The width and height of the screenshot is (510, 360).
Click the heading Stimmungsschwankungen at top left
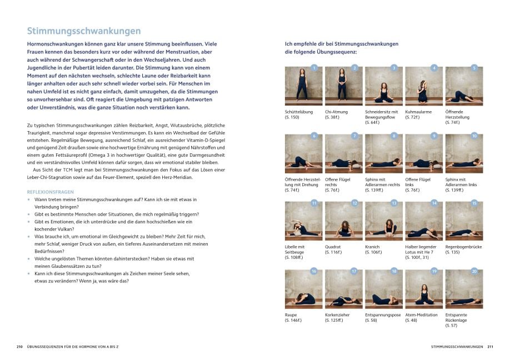(84, 31)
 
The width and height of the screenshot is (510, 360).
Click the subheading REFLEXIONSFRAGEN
(50, 191)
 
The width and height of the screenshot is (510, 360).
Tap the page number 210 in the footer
(19, 347)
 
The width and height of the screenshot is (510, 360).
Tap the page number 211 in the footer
(491, 347)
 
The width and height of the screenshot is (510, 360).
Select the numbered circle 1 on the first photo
(314, 68)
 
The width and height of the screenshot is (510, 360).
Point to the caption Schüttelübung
(298, 112)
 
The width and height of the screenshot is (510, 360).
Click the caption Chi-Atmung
(336, 112)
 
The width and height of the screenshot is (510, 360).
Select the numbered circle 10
(474, 136)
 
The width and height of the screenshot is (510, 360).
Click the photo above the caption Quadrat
(343, 221)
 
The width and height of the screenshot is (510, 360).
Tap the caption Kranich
(373, 247)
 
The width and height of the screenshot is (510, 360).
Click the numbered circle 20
(474, 271)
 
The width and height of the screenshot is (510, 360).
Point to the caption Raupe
(291, 315)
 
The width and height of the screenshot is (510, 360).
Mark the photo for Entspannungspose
(383, 289)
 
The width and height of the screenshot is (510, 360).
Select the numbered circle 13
(394, 203)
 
